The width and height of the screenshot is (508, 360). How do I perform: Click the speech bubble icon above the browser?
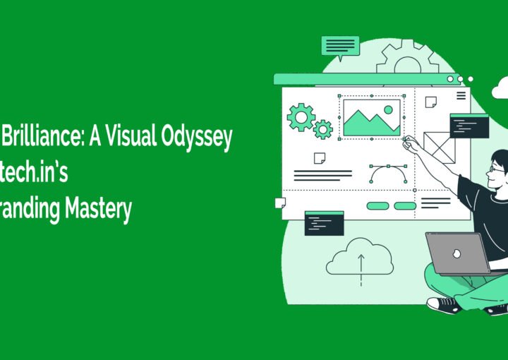pyautogui.click(x=339, y=45)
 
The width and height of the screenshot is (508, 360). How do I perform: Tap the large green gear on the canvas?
pyautogui.click(x=301, y=116)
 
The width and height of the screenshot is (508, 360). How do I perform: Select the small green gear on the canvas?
pyautogui.click(x=322, y=129)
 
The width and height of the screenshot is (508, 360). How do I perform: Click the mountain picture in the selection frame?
pyautogui.click(x=371, y=117)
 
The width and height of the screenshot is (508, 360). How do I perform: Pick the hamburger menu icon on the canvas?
pyautogui.click(x=461, y=95)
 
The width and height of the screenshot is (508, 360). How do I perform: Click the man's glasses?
pyautogui.click(x=496, y=169)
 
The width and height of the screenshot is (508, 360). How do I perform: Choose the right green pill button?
pyautogui.click(x=404, y=205)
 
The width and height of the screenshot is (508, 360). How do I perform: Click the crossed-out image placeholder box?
pyautogui.click(x=440, y=148)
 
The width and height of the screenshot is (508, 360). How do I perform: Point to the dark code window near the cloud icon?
pyautogui.click(x=324, y=223)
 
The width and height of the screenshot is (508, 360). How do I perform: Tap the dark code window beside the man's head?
pyautogui.click(x=468, y=126)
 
